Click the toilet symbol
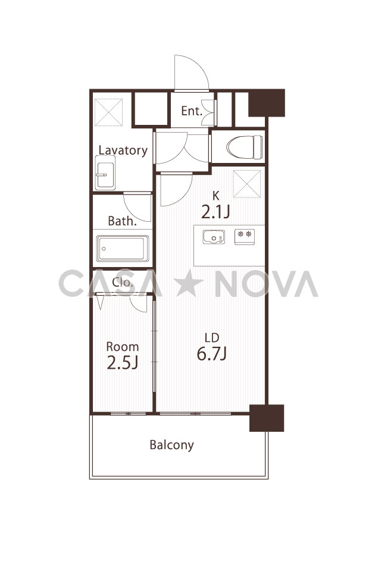[245, 147]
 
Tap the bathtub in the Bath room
[123, 248]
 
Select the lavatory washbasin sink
[105, 173]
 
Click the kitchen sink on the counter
[214, 237]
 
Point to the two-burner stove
[245, 237]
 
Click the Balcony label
[171, 445]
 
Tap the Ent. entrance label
[192, 111]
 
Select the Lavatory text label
[123, 150]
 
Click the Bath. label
[122, 221]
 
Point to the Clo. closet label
[123, 282]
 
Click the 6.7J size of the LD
[212, 353]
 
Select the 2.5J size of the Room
[123, 363]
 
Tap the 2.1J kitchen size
[215, 212]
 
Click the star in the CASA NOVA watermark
[189, 283]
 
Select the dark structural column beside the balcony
[267, 418]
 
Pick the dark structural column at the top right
[267, 103]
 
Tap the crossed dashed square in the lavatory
[108, 112]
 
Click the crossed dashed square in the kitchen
[247, 184]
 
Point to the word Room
[123, 347]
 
